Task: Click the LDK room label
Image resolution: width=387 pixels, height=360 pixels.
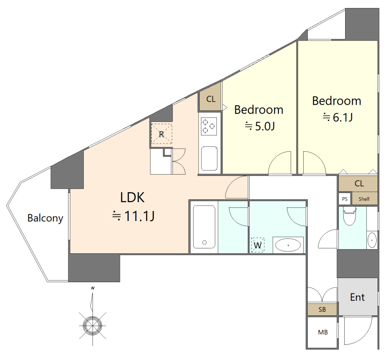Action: coord(132,197)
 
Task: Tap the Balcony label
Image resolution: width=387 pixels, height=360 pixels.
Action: coord(45,218)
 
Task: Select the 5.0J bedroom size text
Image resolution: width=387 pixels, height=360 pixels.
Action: coord(260,126)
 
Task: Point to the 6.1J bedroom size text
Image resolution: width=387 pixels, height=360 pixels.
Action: coord(337,117)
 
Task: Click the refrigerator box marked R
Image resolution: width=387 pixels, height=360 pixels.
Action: coord(161,134)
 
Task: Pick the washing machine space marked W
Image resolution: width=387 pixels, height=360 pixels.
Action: coord(258,245)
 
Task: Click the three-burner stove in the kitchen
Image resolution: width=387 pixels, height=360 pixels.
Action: coord(209,126)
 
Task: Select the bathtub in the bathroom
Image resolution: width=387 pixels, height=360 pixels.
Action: coord(204,227)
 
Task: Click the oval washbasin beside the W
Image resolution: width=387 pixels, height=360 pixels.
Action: coord(288,245)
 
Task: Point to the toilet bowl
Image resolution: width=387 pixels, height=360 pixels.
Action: coord(349,216)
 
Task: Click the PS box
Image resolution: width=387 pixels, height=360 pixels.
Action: coord(345,199)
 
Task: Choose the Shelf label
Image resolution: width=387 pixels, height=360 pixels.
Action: coord(364,199)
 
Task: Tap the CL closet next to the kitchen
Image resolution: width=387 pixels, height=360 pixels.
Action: coord(210,99)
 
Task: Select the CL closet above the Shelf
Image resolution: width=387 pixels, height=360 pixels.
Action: coord(358,184)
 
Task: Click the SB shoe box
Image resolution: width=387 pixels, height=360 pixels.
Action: coord(322,309)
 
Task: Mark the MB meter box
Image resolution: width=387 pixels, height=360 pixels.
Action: coord(323,333)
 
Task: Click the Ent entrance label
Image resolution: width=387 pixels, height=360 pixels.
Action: coord(357,297)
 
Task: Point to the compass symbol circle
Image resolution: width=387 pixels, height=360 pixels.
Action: coord(92,325)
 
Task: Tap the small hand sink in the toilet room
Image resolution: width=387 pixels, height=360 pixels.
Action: coord(372,239)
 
